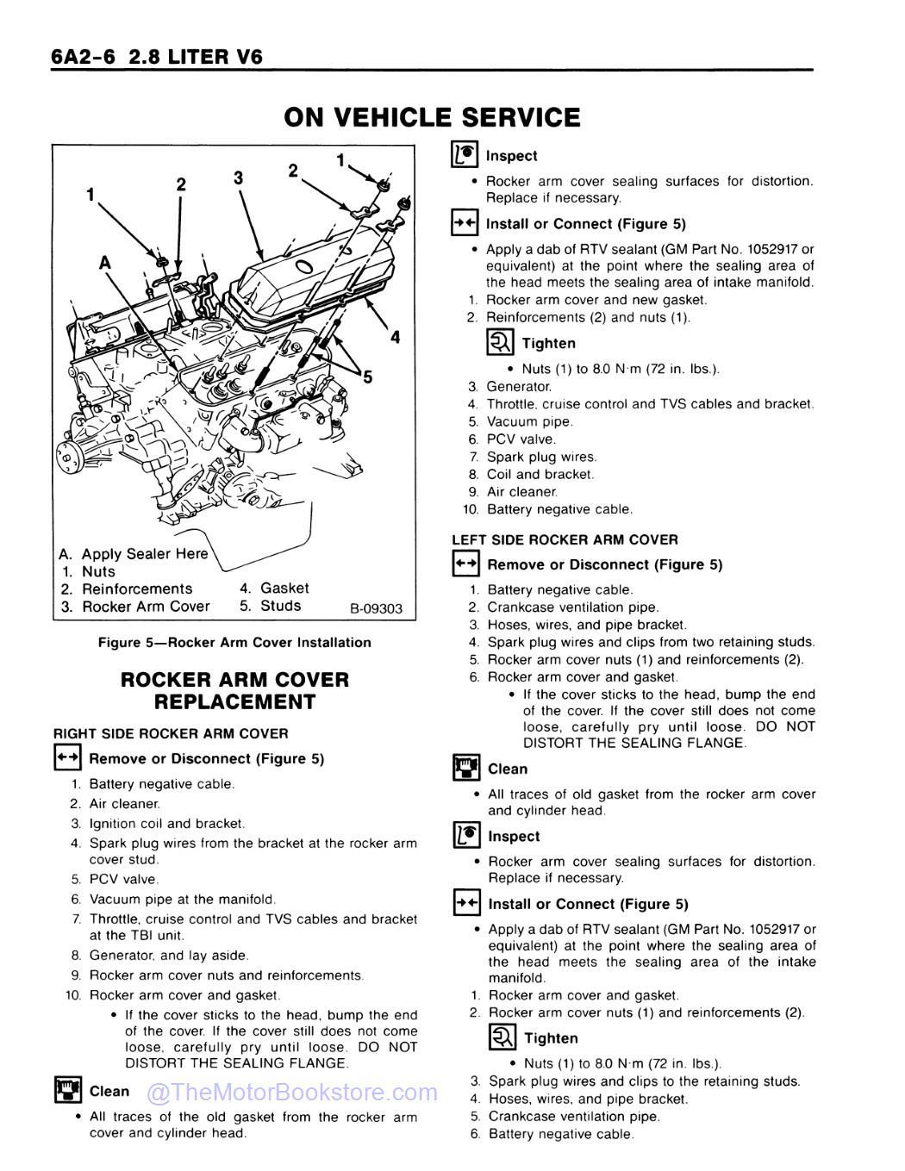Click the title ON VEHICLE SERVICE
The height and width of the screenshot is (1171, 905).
[x=432, y=117]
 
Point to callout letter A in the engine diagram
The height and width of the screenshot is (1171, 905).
[x=105, y=262]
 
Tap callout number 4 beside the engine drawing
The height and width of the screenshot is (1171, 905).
[x=395, y=337]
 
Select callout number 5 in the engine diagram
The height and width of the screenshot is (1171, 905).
[x=368, y=377]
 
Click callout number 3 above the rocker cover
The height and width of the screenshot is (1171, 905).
[x=239, y=178]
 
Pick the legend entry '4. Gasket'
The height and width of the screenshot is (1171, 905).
[x=274, y=589]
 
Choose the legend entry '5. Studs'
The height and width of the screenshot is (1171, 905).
[x=271, y=606]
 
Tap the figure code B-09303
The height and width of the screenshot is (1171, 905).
[x=376, y=608]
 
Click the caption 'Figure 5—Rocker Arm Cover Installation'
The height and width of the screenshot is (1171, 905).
[x=234, y=642]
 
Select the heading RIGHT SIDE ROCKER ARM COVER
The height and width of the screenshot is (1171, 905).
[x=171, y=733]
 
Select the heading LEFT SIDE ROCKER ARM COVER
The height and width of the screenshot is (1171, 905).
[x=565, y=539]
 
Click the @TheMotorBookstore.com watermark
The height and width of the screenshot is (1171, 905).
[x=292, y=1093]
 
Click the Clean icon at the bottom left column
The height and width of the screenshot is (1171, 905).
[x=67, y=1091]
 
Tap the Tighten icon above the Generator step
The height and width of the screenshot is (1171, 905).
[x=501, y=343]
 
